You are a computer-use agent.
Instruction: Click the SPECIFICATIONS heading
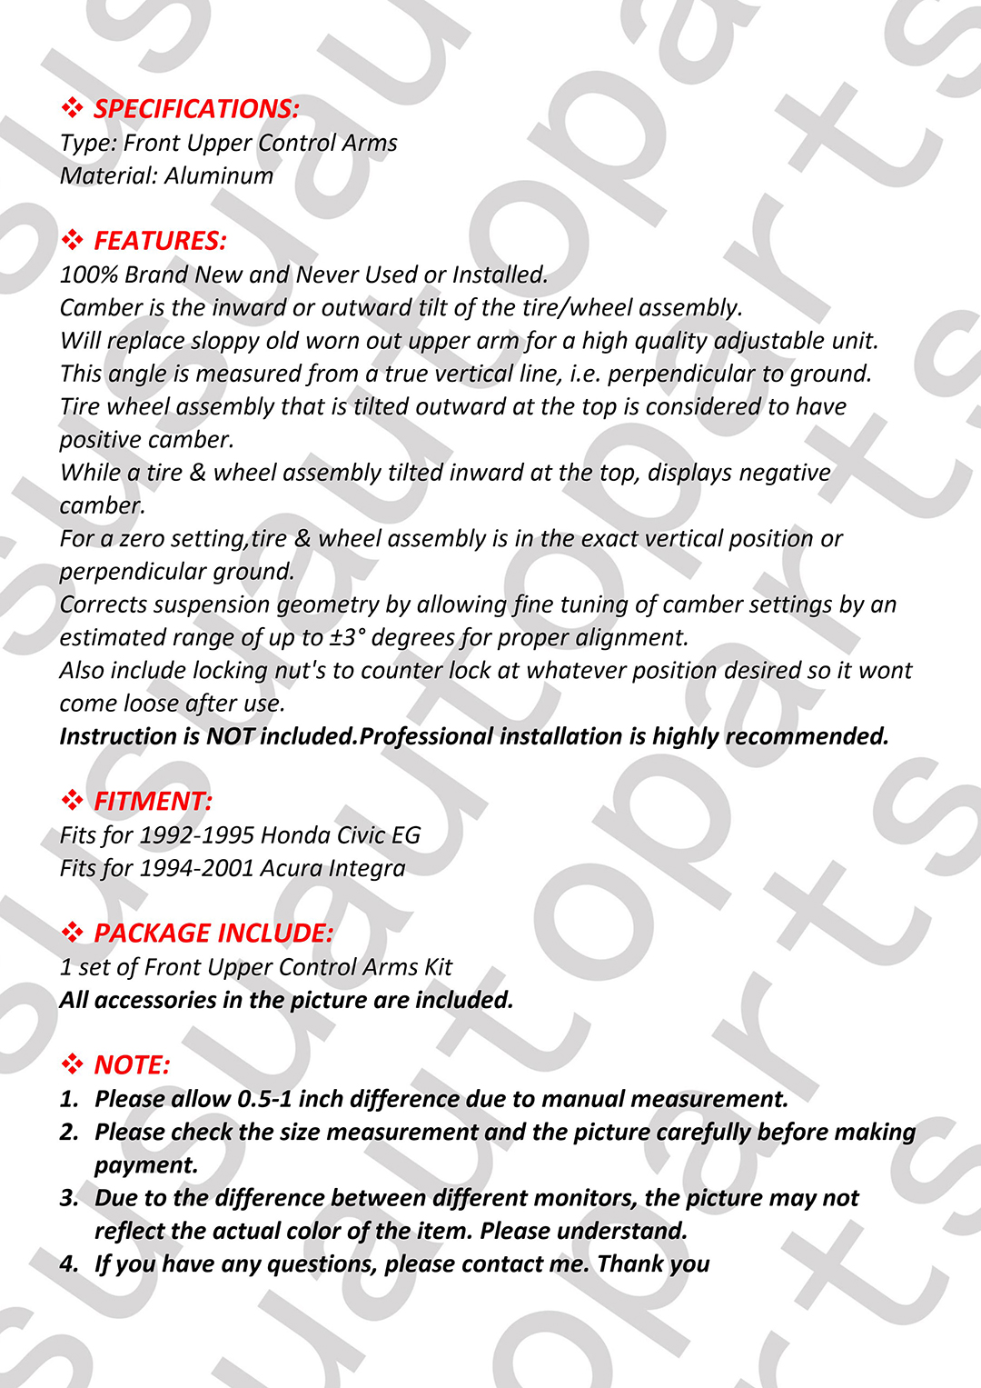point(196,109)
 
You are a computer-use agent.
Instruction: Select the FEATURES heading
point(160,241)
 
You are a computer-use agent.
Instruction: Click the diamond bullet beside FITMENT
point(72,801)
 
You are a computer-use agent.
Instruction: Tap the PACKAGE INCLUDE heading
point(213,934)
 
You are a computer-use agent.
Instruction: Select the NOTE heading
point(132,1065)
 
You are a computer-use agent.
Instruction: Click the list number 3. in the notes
point(69,1198)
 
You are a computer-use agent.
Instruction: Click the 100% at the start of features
point(88,275)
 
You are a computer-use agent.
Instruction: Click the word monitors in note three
point(585,1198)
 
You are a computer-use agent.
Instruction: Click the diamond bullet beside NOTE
point(72,1065)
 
